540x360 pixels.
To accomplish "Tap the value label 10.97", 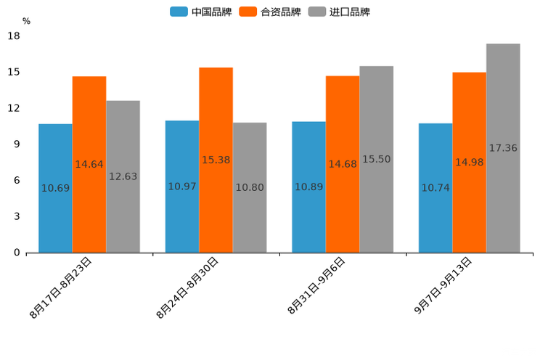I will coord(182,187).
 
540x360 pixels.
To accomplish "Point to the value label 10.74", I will coord(435,188).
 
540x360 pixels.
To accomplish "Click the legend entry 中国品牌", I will coord(201,12).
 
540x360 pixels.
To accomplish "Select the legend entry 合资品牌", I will coord(270,12).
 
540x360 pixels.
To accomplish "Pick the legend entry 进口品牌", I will coord(339,12).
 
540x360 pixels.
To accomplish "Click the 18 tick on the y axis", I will coord(14,36).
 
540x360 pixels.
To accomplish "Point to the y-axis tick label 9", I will coord(17,144).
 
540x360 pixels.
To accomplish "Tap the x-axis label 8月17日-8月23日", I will coord(62,287).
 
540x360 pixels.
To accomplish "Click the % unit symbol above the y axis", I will coord(26,22).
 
